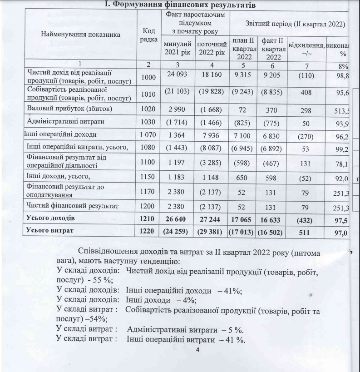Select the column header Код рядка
(x=148, y=35)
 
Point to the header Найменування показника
(x=81, y=34)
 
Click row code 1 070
(x=148, y=134)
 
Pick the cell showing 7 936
(x=211, y=134)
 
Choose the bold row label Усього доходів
(x=50, y=218)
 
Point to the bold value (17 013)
(x=245, y=232)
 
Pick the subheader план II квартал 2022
(x=245, y=49)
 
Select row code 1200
(x=148, y=206)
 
